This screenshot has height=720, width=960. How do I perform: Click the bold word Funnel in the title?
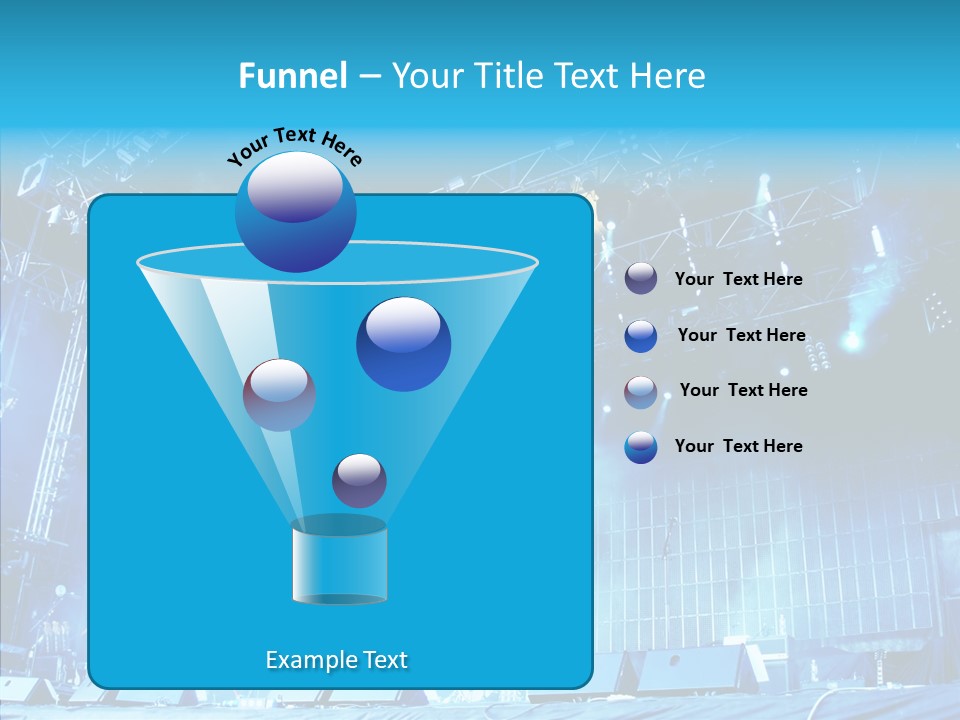293,76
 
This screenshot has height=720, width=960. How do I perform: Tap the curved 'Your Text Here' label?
295,146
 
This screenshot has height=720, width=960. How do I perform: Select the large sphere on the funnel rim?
296,212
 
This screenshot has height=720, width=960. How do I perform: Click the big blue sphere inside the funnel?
403,345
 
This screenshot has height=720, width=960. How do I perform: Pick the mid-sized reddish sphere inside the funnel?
279,395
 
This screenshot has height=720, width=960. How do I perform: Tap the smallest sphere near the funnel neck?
359,481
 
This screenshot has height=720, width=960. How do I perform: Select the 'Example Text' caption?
336,660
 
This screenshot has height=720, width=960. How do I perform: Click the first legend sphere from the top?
641,279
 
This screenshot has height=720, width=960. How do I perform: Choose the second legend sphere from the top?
641,336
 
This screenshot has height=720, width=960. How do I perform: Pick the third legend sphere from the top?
641,391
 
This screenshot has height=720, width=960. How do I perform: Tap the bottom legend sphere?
641,447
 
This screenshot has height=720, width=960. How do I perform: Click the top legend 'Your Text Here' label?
738,280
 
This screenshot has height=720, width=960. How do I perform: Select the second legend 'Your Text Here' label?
741,336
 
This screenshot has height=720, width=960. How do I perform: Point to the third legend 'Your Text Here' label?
743,391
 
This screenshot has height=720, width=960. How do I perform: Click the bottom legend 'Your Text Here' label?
738,446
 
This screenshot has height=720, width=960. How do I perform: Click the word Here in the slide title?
669,76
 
